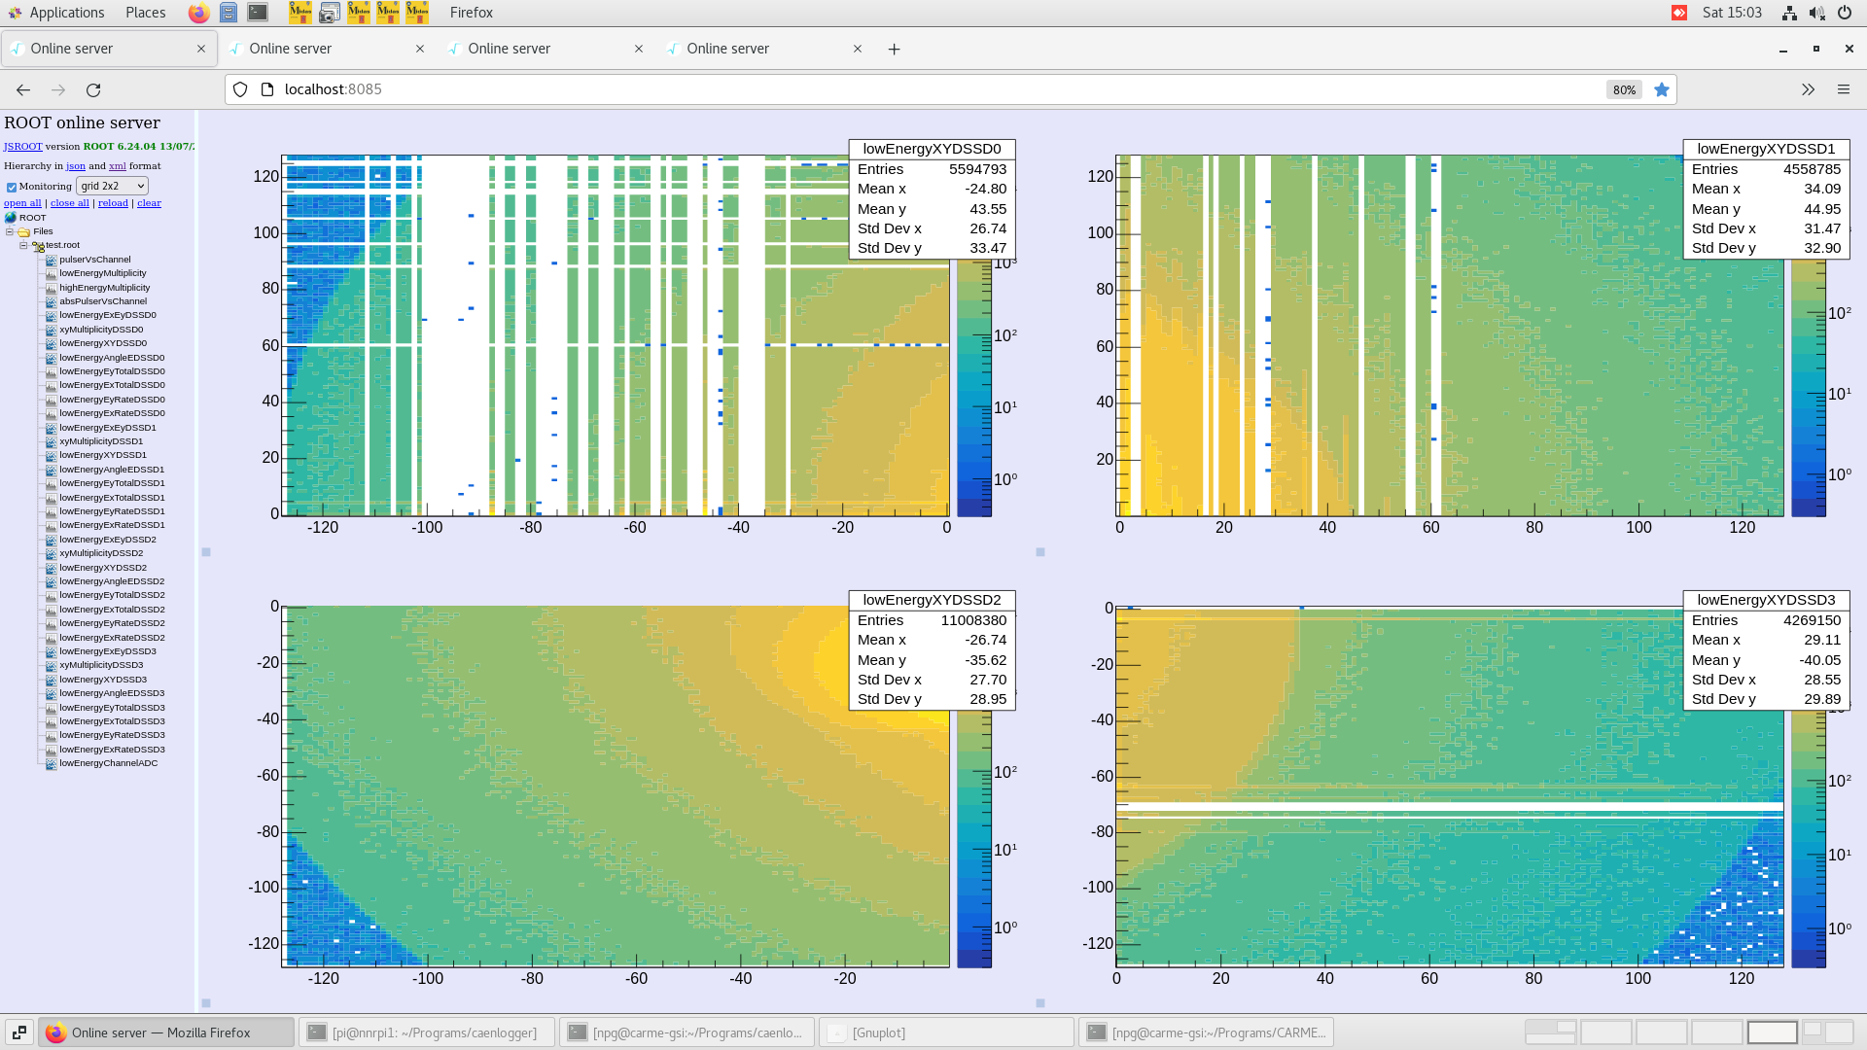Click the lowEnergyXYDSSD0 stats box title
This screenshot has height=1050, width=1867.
click(932, 149)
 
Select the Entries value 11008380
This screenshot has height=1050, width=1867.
click(973, 620)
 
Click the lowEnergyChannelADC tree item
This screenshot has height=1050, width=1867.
click(108, 763)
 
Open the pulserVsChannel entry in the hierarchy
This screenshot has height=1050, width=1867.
click(94, 260)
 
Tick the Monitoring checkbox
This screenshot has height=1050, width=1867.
click(12, 187)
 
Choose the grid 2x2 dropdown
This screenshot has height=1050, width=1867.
click(112, 186)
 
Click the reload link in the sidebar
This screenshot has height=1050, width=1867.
click(113, 203)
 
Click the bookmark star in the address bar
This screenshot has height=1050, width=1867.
click(1662, 89)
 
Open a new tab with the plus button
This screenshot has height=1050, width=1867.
click(894, 49)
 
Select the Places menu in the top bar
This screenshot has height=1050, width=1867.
click(145, 13)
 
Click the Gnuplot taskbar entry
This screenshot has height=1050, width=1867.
click(878, 1032)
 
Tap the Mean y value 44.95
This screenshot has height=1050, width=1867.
click(1821, 209)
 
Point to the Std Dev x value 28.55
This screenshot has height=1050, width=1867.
click(1821, 680)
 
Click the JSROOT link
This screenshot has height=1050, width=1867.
click(22, 147)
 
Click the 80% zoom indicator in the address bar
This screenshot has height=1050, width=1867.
click(1624, 89)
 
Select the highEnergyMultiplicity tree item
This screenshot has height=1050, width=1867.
click(104, 288)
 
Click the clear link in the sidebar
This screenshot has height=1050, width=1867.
click(149, 203)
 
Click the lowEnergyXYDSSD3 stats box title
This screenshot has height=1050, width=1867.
click(1766, 600)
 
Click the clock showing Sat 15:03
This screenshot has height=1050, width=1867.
click(1732, 13)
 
